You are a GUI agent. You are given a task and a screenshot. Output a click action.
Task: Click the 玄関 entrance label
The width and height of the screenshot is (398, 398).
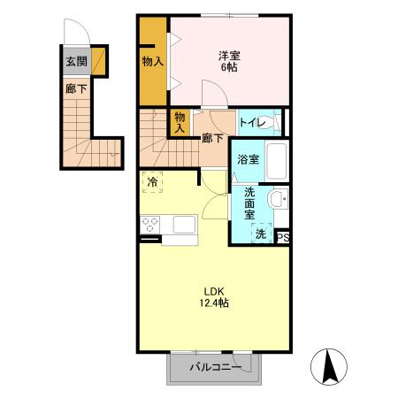tap(76, 62)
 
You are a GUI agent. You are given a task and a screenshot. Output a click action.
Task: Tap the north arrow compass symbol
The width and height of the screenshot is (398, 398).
tap(329, 367)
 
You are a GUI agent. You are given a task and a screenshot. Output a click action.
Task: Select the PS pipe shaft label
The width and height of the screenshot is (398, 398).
tap(283, 238)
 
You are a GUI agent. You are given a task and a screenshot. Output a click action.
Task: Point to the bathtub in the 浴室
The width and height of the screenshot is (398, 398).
tap(277, 161)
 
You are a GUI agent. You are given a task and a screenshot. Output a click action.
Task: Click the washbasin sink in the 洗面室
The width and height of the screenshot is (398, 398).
tap(278, 198)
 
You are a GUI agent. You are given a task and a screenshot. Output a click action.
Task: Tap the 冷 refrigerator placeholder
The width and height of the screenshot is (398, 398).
tap(152, 182)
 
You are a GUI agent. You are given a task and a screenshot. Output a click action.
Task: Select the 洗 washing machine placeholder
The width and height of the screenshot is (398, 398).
tap(261, 233)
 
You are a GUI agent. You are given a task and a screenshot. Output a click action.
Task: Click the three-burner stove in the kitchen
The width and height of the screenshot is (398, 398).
tap(149, 225)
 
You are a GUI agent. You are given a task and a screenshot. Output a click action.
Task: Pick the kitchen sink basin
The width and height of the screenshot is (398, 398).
tap(184, 225)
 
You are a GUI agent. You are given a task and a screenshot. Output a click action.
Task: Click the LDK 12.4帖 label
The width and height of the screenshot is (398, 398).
tap(214, 297)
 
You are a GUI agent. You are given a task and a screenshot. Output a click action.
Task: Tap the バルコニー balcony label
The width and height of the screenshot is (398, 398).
tap(216, 368)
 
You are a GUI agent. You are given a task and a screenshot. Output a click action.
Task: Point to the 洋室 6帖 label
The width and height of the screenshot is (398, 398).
tap(229, 61)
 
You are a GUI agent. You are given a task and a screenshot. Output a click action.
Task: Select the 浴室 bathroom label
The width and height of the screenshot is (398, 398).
tap(249, 159)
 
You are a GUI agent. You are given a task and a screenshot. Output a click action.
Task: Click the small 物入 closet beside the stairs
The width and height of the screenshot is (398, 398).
tap(180, 122)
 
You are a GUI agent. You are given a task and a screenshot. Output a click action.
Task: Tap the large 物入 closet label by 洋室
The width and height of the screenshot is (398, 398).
tap(153, 62)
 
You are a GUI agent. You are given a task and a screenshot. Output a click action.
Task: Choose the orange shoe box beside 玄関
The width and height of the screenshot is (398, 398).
tap(98, 61)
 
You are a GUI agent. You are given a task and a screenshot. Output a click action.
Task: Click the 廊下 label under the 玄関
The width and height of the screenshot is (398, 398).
tap(76, 88)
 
